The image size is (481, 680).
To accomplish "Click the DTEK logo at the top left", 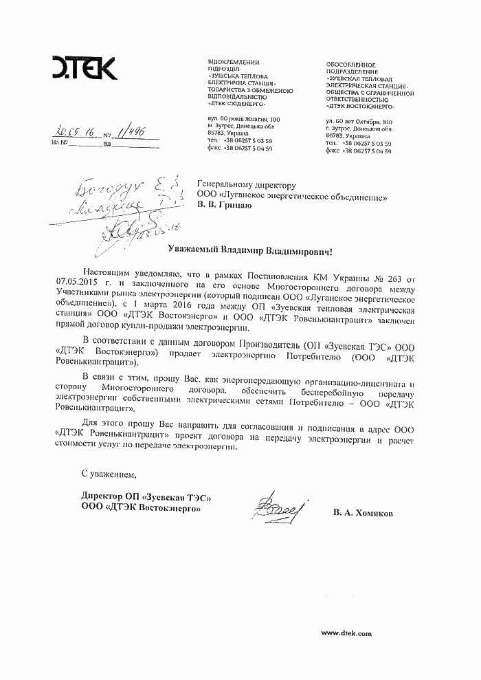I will point(85,69).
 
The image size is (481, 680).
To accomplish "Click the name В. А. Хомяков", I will point(363,513).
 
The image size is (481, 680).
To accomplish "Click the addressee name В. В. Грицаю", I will point(225,204).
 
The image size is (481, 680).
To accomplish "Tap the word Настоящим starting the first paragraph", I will point(104,274).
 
